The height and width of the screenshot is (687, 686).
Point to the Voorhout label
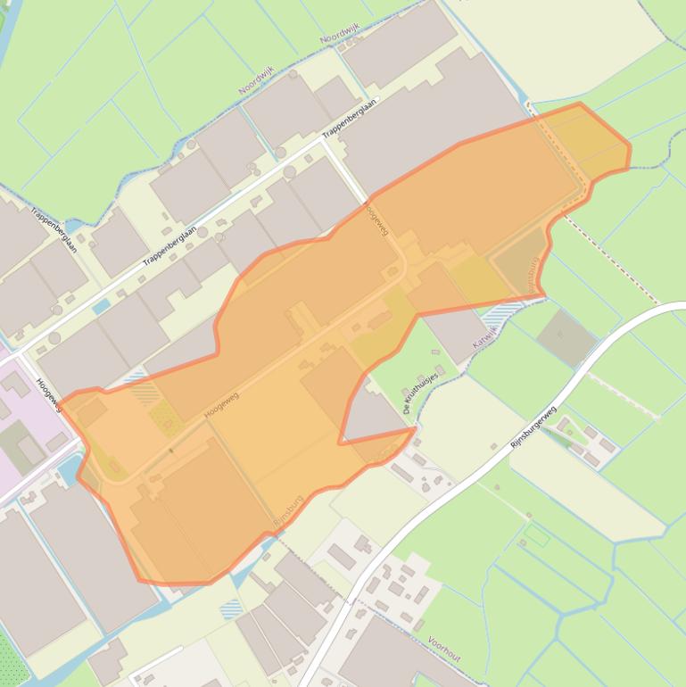click(x=443, y=649)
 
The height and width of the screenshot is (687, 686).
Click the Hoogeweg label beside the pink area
click(x=47, y=393)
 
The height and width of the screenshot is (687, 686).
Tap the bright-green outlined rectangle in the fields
click(x=536, y=534)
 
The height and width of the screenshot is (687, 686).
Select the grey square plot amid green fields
click(x=566, y=336)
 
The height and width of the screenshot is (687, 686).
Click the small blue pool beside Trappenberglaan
click(x=101, y=306)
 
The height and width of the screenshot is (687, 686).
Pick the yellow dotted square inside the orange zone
click(x=163, y=417)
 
